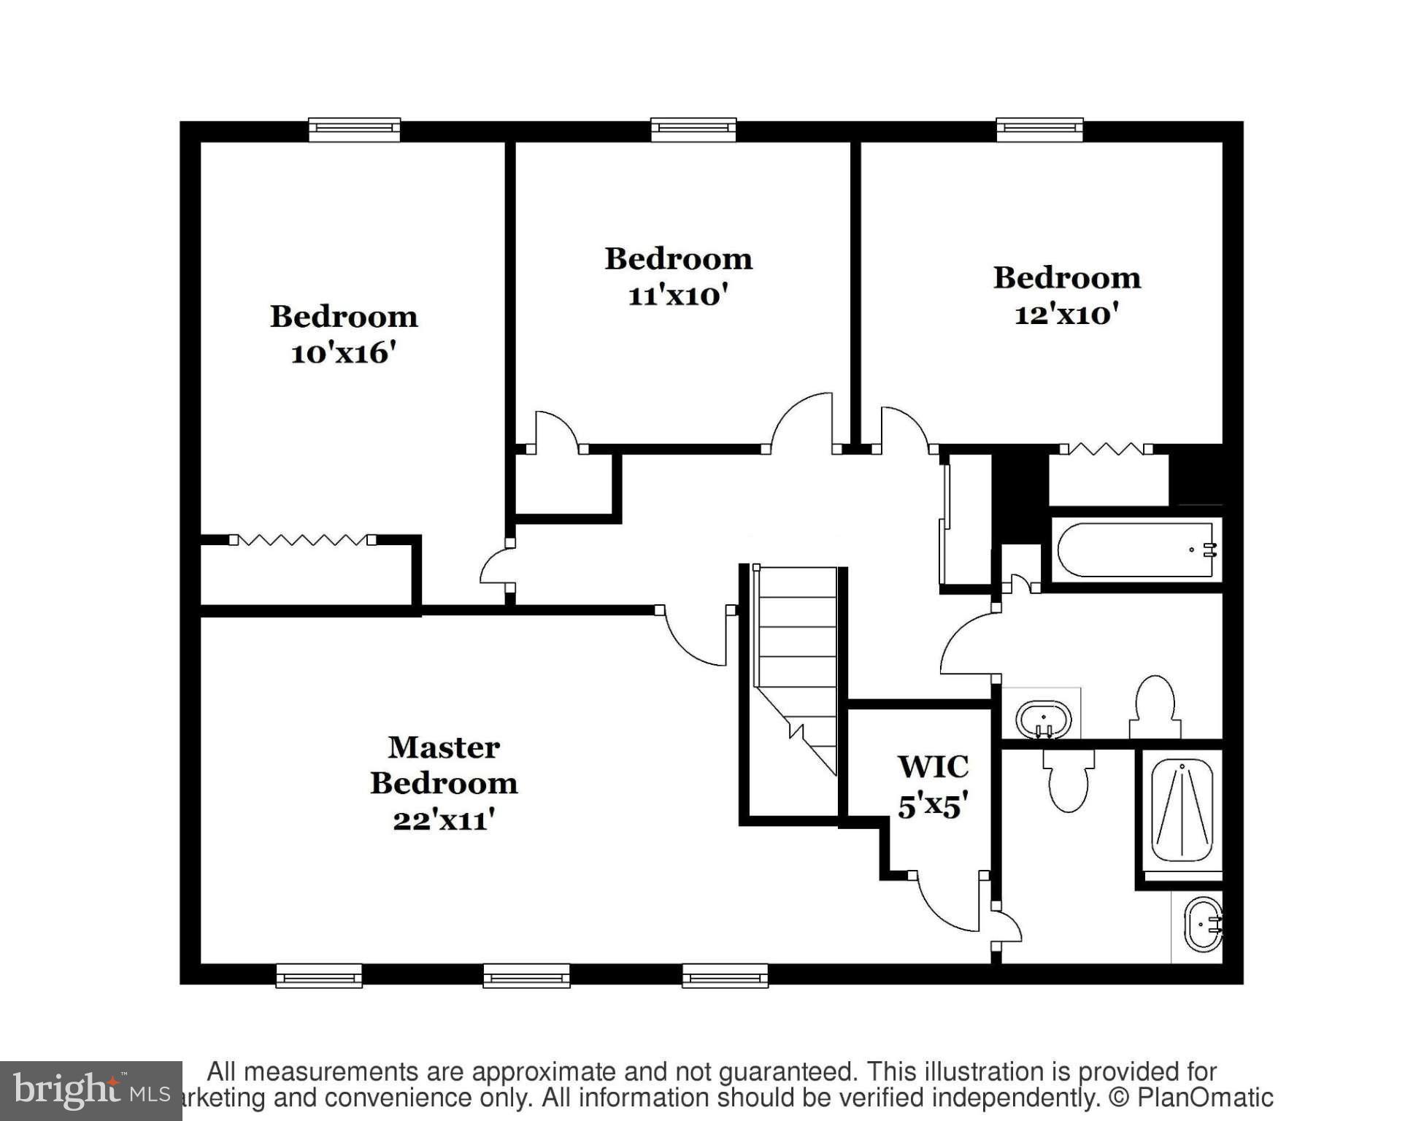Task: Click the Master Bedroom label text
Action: [444, 765]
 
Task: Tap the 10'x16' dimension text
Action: [343, 353]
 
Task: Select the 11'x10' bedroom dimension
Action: [678, 296]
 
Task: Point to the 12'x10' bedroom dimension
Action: [1066, 315]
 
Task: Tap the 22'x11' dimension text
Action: [444, 820]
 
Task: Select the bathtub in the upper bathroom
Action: [1135, 550]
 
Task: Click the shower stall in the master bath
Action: [1182, 809]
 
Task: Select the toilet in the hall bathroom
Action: [1155, 707]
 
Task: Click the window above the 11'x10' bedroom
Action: [693, 129]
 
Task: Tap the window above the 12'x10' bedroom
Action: [1039, 129]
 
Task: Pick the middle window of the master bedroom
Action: [526, 976]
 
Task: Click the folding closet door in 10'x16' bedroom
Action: [301, 540]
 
